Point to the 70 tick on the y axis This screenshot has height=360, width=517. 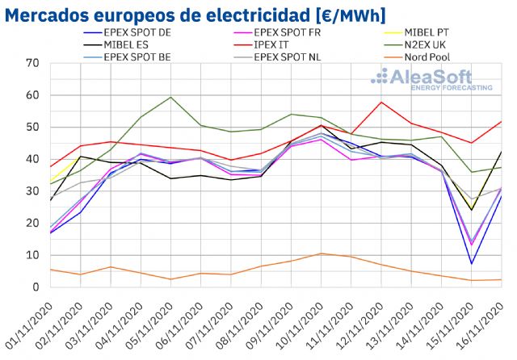click(x=32, y=63)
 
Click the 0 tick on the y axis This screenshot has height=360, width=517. click(x=35, y=287)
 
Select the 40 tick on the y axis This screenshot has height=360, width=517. click(x=32, y=159)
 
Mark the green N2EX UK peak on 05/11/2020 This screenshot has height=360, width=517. click(x=170, y=97)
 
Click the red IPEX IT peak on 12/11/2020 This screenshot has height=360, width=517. click(x=380, y=102)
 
